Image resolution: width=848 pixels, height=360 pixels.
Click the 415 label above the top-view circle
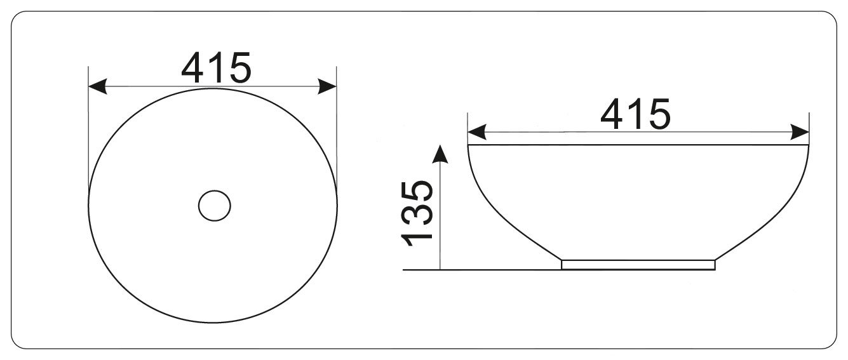click(x=216, y=68)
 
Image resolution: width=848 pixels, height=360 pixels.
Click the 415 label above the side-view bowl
click(x=635, y=114)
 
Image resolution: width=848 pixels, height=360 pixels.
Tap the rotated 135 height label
click(x=417, y=213)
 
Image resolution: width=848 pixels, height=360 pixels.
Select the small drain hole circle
click(x=214, y=206)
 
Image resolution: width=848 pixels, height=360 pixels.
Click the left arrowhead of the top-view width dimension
click(x=98, y=86)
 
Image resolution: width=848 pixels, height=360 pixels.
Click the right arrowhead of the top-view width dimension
click(x=327, y=86)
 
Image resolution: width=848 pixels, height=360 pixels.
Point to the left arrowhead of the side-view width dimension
click(x=477, y=132)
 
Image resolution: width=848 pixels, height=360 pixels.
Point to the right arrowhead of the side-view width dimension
click(x=800, y=132)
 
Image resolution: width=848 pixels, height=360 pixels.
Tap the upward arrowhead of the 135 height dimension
click(x=440, y=154)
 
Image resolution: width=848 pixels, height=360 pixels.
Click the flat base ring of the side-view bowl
click(x=638, y=265)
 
